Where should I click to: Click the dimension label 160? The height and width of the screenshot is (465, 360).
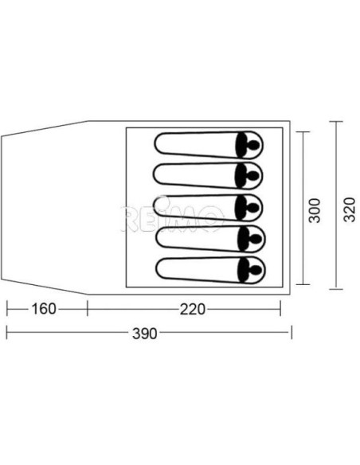(45, 308)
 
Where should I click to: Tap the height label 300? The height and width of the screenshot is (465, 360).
(315, 209)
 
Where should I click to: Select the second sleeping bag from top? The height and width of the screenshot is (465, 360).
(209, 175)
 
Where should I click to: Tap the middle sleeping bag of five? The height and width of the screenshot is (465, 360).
(209, 206)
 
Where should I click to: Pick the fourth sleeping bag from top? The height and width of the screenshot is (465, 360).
(209, 236)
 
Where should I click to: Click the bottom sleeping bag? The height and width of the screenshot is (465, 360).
(209, 268)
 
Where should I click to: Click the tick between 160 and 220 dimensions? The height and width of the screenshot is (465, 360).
(86, 308)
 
